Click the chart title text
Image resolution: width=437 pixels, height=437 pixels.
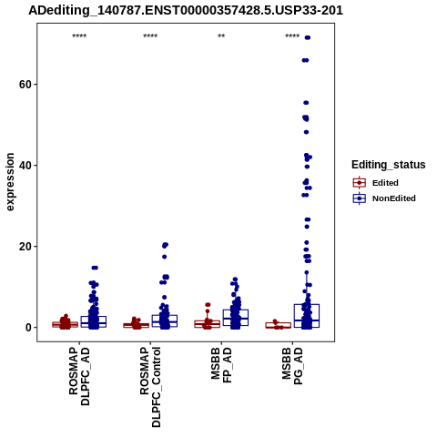186,10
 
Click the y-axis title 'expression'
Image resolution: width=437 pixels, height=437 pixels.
10,182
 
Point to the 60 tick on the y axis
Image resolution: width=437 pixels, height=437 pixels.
25,85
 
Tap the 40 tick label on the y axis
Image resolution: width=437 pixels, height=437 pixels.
25,166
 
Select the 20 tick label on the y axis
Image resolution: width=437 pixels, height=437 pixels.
25,247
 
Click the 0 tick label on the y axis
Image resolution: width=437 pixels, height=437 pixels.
29,328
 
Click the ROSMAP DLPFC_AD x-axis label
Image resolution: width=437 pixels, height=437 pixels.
79,376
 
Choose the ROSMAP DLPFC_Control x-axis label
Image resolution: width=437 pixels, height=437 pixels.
150,387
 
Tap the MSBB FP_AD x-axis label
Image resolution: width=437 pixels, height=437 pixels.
221,365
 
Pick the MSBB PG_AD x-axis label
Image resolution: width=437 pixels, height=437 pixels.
292,366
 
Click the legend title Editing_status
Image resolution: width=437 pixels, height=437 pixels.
389,165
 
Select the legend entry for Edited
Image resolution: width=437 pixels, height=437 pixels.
376,183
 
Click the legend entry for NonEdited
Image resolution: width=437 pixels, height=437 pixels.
384,198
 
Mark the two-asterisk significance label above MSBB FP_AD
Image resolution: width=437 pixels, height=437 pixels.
221,36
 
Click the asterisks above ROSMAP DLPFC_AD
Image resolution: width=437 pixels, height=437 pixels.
79,36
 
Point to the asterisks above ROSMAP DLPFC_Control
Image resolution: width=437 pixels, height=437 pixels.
150,36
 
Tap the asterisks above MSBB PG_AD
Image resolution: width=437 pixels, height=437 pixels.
292,36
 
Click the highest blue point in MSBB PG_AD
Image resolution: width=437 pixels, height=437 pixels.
308,37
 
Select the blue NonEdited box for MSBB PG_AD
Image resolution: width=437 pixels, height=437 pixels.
307,304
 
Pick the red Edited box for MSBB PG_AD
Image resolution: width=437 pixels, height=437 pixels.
279,323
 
